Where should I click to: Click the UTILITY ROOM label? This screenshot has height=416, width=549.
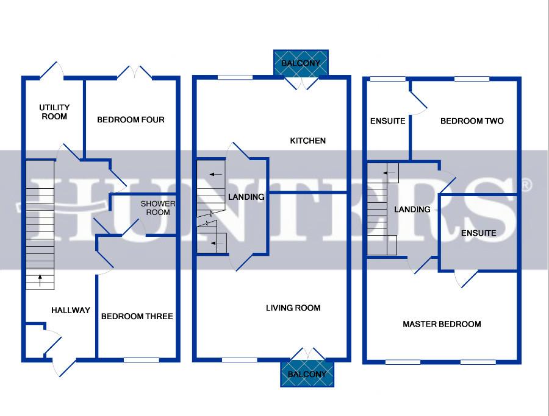[x=54, y=112]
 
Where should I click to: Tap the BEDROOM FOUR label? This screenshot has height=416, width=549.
[x=131, y=119]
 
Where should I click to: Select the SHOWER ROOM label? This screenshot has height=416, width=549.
[x=158, y=208]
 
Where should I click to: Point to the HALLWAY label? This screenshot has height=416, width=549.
[x=71, y=310]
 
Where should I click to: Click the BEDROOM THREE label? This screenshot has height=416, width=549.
[x=137, y=316]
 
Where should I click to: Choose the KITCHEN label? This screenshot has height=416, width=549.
[x=308, y=141]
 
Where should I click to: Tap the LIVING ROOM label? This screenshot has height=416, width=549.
[x=293, y=308]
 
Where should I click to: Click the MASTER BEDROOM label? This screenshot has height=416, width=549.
[x=442, y=324]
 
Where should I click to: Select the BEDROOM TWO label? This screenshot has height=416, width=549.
[x=472, y=121]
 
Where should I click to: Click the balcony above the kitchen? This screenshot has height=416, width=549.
[x=301, y=63]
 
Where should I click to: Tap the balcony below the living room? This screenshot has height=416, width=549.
[x=307, y=374]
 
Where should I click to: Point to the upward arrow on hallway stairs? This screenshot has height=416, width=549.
[x=40, y=280]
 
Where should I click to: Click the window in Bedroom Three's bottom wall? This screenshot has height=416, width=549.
[x=142, y=360]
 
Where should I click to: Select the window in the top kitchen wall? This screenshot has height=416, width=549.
[x=235, y=77]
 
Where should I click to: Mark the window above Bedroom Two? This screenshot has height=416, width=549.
[x=472, y=79]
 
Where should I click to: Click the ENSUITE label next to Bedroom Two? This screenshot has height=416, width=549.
[x=387, y=121]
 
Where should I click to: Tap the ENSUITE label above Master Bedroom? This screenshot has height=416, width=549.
[x=479, y=233]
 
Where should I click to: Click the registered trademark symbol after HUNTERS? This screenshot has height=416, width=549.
[x=526, y=185]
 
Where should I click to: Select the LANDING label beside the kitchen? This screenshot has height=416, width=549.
[x=246, y=197]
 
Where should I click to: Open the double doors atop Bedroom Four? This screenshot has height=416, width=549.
[x=134, y=72]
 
